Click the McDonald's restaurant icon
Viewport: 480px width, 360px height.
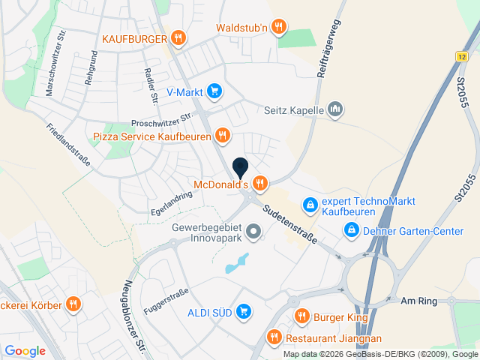point(260,182)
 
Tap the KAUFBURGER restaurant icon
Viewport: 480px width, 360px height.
point(178,37)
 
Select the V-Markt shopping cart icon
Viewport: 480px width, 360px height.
point(214,91)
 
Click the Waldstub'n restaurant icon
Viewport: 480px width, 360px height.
point(279,28)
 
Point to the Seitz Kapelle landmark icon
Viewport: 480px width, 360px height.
point(335,110)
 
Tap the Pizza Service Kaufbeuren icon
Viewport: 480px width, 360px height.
point(222,136)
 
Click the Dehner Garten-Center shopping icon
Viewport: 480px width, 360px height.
point(350,231)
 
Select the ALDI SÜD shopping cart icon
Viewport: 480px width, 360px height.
point(243,310)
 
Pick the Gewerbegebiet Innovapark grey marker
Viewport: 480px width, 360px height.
point(253,233)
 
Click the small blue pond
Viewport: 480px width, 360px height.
point(238,262)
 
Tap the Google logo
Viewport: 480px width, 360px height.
point(25,350)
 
